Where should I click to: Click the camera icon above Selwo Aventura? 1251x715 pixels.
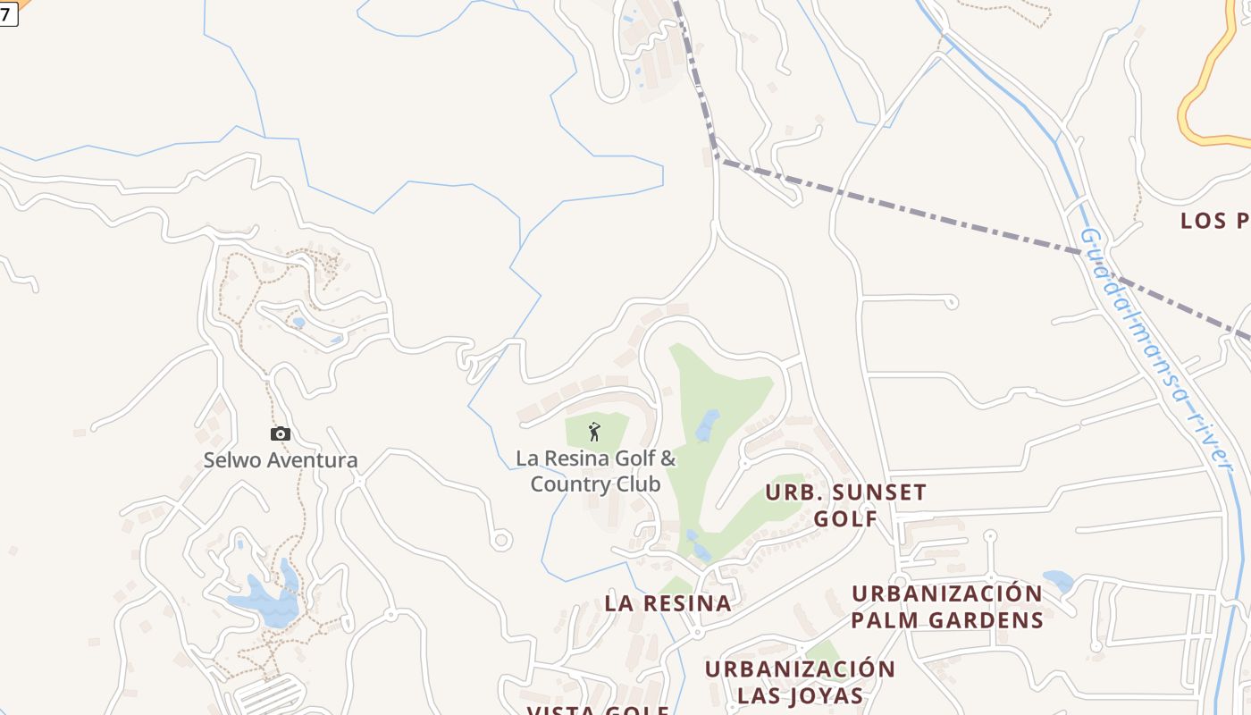coord(281,434)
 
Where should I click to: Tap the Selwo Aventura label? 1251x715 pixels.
coord(281,460)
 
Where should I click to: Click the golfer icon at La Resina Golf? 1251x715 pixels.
coord(594,433)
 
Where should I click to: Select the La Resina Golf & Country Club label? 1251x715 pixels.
coord(596,471)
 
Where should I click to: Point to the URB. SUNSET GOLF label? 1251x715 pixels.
coord(846,505)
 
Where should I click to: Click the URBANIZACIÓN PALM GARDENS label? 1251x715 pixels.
coord(947,606)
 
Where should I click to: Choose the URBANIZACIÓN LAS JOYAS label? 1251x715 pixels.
coord(800,682)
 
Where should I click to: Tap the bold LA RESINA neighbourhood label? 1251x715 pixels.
coord(668,603)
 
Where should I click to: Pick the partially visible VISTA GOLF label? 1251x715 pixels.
coord(598,711)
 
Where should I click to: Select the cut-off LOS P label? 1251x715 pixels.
coord(1215,221)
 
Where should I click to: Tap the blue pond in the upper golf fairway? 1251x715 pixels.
coord(708,425)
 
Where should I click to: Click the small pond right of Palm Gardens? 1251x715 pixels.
coord(1059,581)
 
